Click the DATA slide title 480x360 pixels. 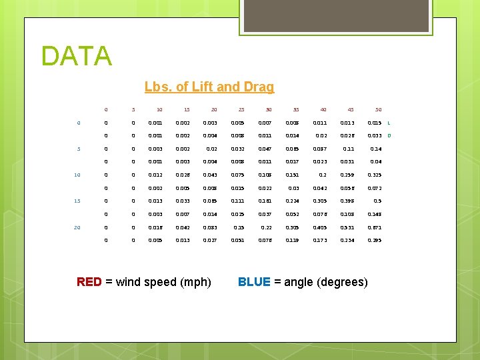(76, 56)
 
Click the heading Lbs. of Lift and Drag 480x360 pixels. (209, 87)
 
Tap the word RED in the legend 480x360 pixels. (89, 282)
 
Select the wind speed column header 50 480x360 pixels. (378, 109)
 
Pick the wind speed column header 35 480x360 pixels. (295, 109)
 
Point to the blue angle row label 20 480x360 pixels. (77, 227)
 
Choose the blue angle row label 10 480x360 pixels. (77, 175)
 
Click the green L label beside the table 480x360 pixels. (389, 123)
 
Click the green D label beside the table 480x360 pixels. (389, 136)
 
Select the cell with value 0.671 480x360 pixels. (375, 227)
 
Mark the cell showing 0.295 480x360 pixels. (375, 240)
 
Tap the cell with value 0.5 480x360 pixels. (377, 201)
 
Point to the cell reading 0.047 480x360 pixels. (265, 149)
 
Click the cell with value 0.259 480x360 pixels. (347, 175)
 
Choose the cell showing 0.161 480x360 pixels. (265, 201)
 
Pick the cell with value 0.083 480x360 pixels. (210, 227)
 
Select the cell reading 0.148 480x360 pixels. (375, 214)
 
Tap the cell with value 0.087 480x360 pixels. (319, 149)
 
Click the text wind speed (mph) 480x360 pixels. (163, 282)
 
